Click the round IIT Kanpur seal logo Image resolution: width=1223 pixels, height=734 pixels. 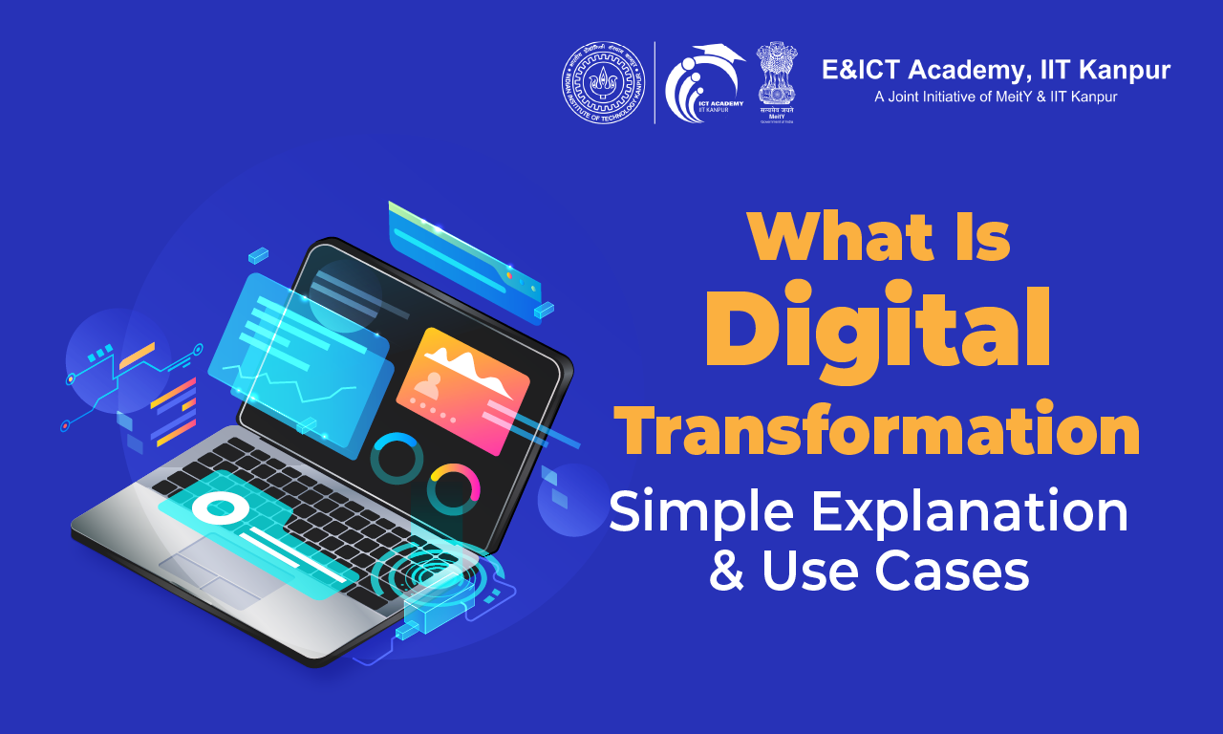[x=603, y=83]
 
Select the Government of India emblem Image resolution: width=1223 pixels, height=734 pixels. [x=776, y=81]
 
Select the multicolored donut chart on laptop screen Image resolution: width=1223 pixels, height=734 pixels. [x=453, y=488]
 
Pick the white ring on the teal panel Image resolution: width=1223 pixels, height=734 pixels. [x=219, y=507]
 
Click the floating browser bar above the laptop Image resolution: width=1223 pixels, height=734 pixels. [x=464, y=253]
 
